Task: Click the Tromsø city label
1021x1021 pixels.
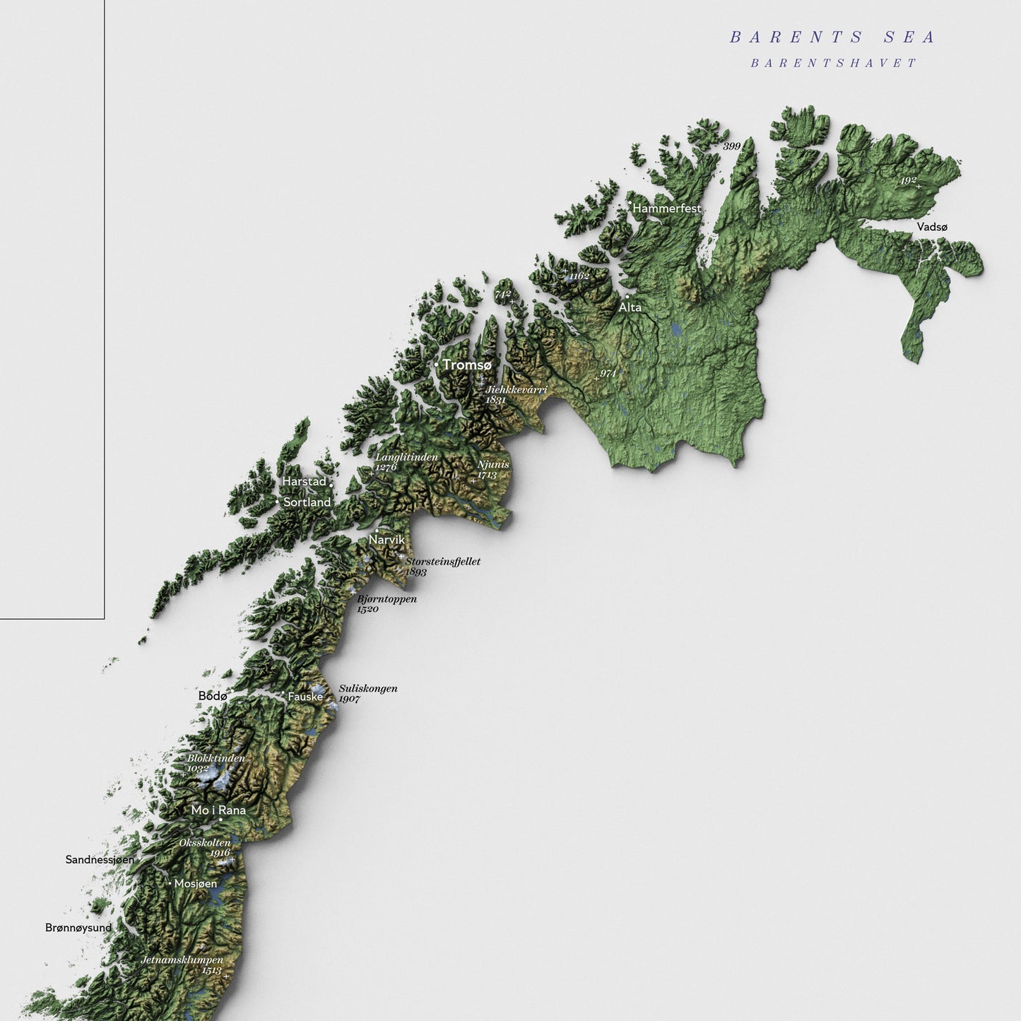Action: click(466, 365)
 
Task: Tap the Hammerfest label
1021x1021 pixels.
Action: click(666, 208)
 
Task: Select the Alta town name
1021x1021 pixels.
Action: click(630, 307)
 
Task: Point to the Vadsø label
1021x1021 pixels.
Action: click(932, 227)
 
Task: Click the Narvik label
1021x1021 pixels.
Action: click(386, 540)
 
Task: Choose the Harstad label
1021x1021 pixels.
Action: click(304, 481)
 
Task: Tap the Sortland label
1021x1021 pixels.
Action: click(307, 502)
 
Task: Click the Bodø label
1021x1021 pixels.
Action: click(212, 696)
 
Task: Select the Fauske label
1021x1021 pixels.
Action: click(305, 697)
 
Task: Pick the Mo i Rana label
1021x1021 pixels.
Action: click(218, 810)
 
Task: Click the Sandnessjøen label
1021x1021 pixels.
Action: click(100, 860)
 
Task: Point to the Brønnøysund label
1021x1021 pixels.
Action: click(78, 927)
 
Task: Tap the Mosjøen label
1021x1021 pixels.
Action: click(196, 884)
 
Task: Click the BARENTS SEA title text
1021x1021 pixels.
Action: click(832, 37)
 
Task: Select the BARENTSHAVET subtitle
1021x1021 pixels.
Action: click(833, 63)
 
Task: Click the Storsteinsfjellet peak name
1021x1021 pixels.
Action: click(443, 561)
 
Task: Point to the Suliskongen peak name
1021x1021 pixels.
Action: click(368, 688)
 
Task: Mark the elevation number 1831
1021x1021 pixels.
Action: click(495, 399)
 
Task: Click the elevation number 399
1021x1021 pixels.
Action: click(731, 146)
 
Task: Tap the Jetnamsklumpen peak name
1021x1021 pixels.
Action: click(182, 960)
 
